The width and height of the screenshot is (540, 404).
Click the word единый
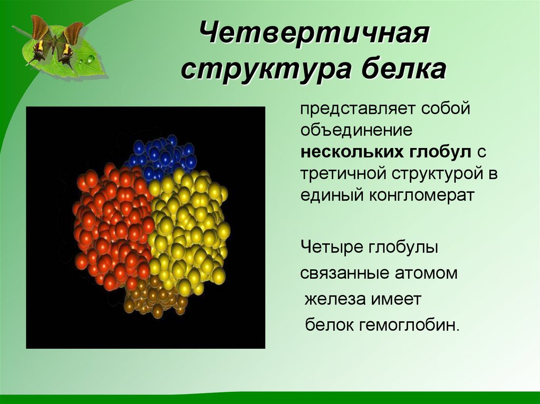(x=327, y=195)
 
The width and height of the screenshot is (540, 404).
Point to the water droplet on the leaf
(x=91, y=60)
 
